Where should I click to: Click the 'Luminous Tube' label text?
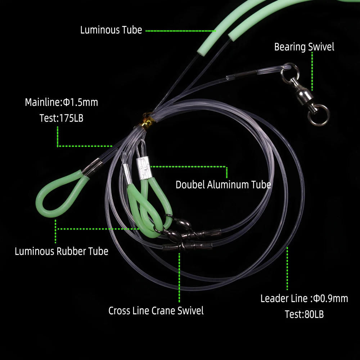111,30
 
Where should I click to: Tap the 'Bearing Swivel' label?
304,47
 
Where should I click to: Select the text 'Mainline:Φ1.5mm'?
61,103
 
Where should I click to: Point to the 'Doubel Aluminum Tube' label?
223,185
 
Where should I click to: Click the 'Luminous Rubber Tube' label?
61,251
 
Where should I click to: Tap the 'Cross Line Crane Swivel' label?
156,311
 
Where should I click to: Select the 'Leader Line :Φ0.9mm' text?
304,298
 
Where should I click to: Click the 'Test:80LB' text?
304,314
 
